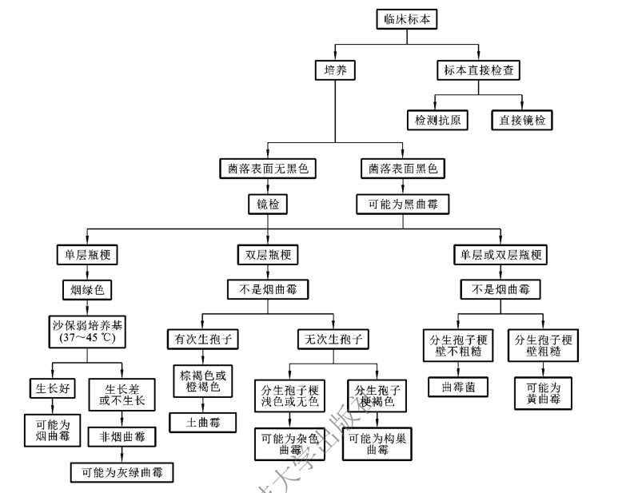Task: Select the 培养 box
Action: (334, 70)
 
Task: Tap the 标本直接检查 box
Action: (477, 70)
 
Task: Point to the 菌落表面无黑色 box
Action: (267, 169)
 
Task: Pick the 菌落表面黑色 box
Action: (402, 169)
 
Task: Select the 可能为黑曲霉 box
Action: (402, 205)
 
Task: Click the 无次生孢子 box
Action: (332, 339)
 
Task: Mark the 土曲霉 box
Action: (201, 420)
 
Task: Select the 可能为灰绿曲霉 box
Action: (122, 471)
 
